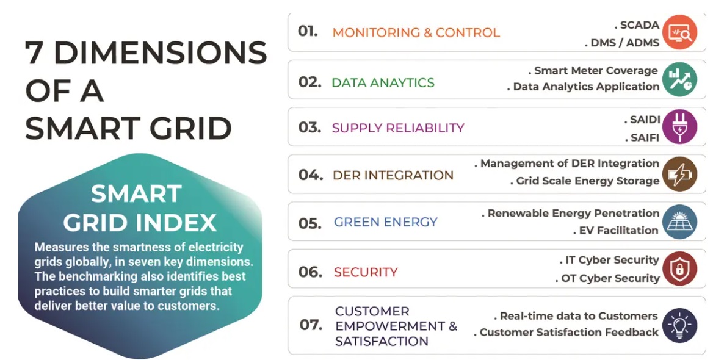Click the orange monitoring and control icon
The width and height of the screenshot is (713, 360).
[679, 32]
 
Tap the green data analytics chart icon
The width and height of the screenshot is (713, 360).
[679, 79]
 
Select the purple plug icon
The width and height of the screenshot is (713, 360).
[679, 126]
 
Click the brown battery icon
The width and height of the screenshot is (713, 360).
[679, 174]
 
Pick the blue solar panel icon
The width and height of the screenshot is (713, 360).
[679, 222]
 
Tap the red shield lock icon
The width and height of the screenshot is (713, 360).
[679, 268]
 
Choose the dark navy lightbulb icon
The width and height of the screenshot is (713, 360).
[679, 325]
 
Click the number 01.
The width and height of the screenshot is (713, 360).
[308, 31]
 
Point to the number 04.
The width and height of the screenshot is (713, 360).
[311, 175]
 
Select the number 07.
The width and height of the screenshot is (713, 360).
[311, 325]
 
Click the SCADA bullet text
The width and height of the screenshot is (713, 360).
[637, 25]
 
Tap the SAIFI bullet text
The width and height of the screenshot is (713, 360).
[642, 137]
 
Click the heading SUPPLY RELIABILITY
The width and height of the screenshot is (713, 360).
[398, 128]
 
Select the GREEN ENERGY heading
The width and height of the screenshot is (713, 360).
[386, 222]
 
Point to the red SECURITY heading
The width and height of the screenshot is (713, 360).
[366, 272]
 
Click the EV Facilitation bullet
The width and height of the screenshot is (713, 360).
[616, 231]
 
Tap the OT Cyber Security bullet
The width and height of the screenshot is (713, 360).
[607, 278]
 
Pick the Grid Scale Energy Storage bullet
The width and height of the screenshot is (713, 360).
[585, 181]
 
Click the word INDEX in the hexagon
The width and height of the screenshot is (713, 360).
[178, 223]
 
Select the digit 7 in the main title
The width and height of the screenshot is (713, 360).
[35, 52]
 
